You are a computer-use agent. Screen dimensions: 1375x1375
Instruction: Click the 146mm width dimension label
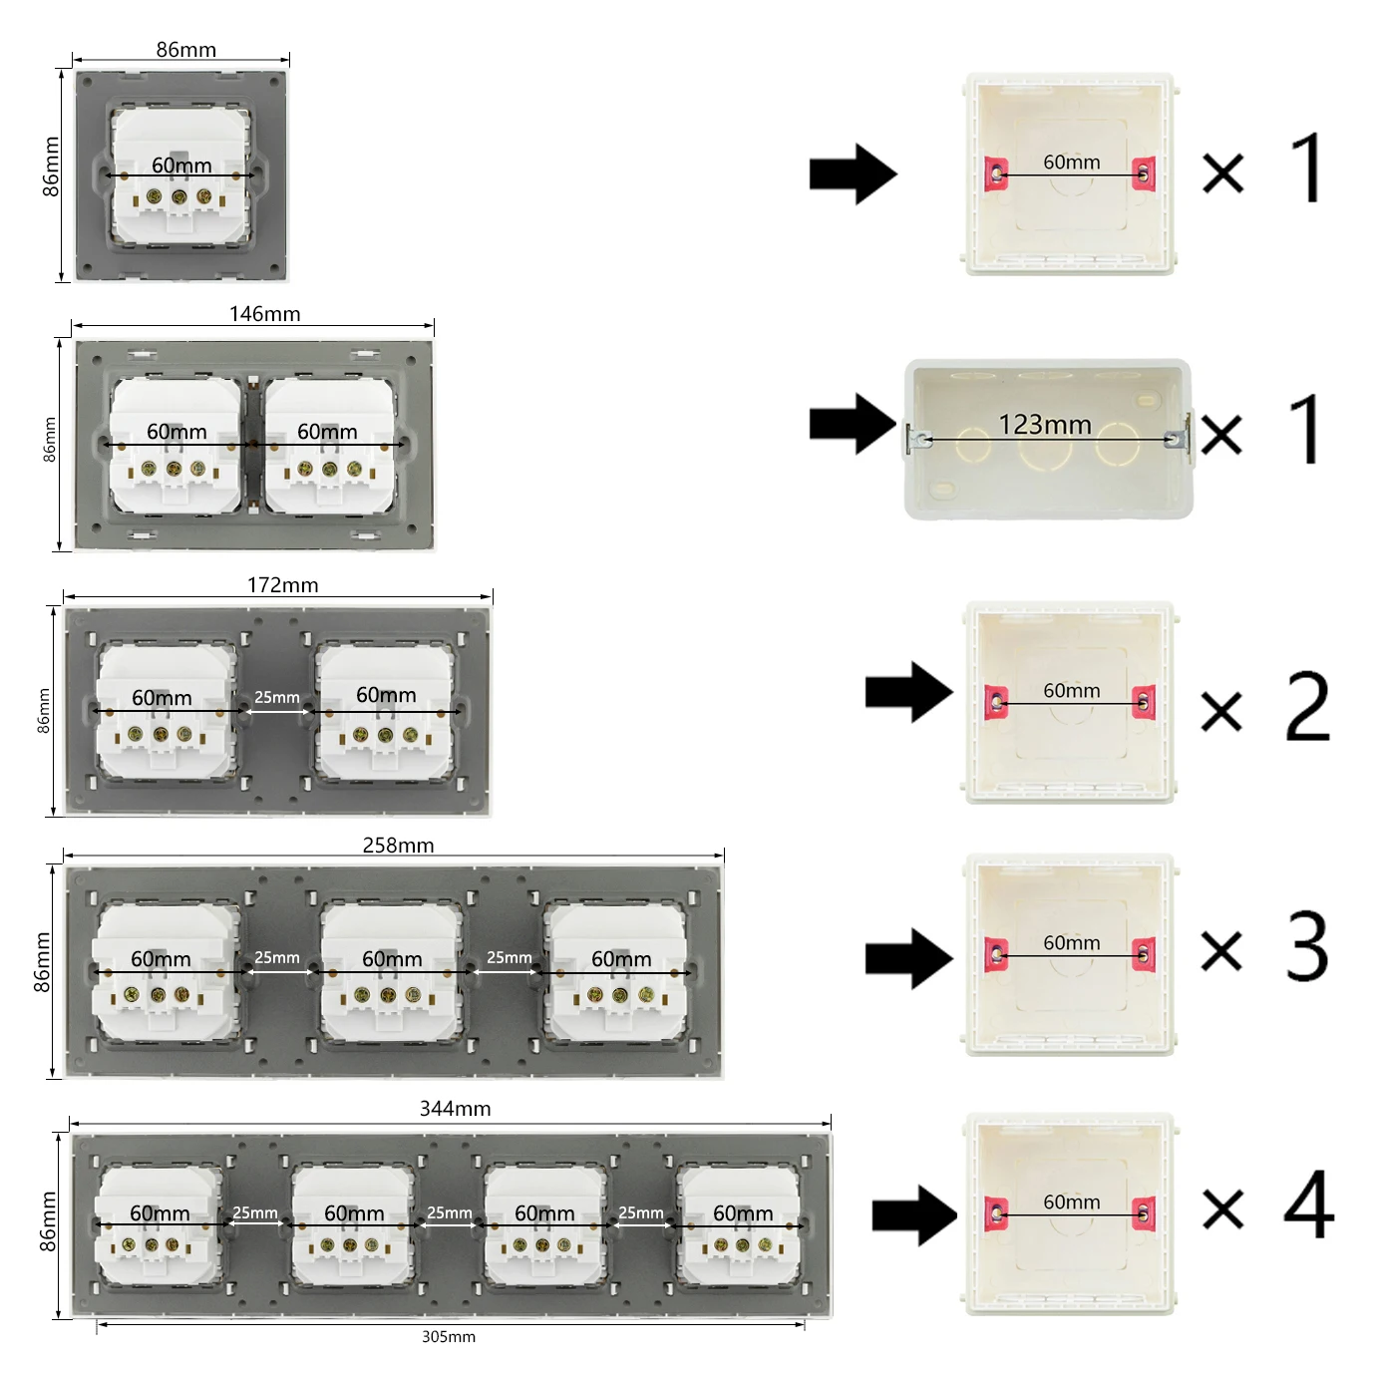pyautogui.click(x=264, y=314)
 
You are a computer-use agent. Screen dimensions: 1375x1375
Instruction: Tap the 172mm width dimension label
pyautogui.click(x=282, y=585)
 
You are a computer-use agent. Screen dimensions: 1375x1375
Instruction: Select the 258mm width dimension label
pyautogui.click(x=398, y=846)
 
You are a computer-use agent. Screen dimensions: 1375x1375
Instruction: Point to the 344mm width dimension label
pyautogui.click(x=455, y=1109)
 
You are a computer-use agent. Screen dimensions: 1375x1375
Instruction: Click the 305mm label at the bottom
pyautogui.click(x=448, y=1337)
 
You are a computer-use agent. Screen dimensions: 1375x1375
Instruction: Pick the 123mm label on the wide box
pyautogui.click(x=1045, y=425)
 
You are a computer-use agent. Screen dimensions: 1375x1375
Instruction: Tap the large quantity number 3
pyautogui.click(x=1307, y=946)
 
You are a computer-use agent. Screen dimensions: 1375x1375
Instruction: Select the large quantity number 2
pyautogui.click(x=1307, y=707)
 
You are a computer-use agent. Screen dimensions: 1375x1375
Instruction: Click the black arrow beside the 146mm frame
pyautogui.click(x=853, y=424)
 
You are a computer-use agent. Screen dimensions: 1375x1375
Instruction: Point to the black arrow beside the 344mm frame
pyautogui.click(x=913, y=1215)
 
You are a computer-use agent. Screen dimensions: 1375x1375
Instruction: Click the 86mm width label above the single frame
pyautogui.click(x=185, y=50)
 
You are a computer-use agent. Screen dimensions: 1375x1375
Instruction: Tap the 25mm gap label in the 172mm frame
pyautogui.click(x=276, y=697)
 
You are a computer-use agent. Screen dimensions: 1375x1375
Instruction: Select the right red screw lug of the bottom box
pyautogui.click(x=1144, y=1213)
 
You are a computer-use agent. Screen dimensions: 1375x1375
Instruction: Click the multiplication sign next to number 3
pyautogui.click(x=1221, y=950)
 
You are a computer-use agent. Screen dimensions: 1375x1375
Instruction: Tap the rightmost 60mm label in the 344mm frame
pyautogui.click(x=743, y=1213)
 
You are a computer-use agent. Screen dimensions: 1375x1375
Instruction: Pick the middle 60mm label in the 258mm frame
pyautogui.click(x=392, y=959)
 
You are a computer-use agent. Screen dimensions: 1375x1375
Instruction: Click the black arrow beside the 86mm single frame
pyautogui.click(x=853, y=174)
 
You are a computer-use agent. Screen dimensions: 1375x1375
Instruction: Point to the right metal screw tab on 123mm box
pyautogui.click(x=1179, y=437)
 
